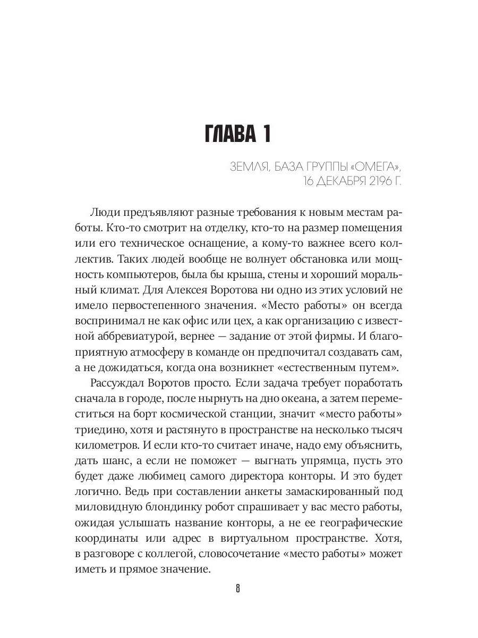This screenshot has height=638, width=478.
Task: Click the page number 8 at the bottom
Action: coord(238,590)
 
